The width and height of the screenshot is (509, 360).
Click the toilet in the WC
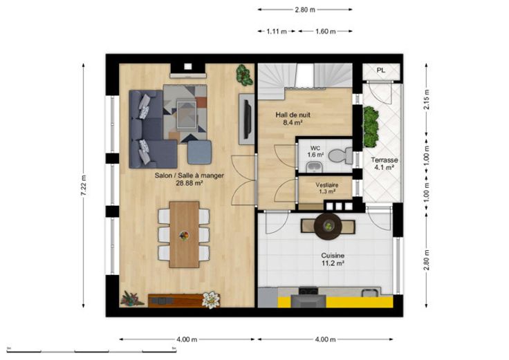pyautogui.click(x=341, y=155)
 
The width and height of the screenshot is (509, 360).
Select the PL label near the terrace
pyautogui.click(x=381, y=70)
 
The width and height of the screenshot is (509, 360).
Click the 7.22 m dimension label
pyautogui.click(x=84, y=185)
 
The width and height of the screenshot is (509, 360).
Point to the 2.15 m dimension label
pyautogui.click(x=427, y=100)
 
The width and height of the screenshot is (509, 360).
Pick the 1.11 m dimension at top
pyautogui.click(x=277, y=32)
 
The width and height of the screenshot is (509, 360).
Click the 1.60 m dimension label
pyautogui.click(x=325, y=32)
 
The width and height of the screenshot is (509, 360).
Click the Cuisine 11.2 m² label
pyautogui.click(x=333, y=259)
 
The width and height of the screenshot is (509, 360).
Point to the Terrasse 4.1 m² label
pyautogui.click(x=385, y=164)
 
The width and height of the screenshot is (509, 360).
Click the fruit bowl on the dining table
pyautogui.click(x=184, y=236)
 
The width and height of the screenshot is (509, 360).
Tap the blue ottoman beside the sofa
pyautogui.click(x=200, y=152)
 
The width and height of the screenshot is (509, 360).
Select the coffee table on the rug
pyautogui.click(x=186, y=115)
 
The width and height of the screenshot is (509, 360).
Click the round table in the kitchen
pyautogui.click(x=328, y=226)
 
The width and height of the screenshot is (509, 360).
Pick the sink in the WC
pyautogui.click(x=313, y=167)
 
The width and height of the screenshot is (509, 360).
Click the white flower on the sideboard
pyautogui.click(x=211, y=300)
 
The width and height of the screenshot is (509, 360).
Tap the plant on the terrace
pyautogui.click(x=370, y=126)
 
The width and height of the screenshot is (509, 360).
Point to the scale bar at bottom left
pyautogui.click(x=91, y=351)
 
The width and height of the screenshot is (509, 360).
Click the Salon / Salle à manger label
pyautogui.click(x=189, y=176)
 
